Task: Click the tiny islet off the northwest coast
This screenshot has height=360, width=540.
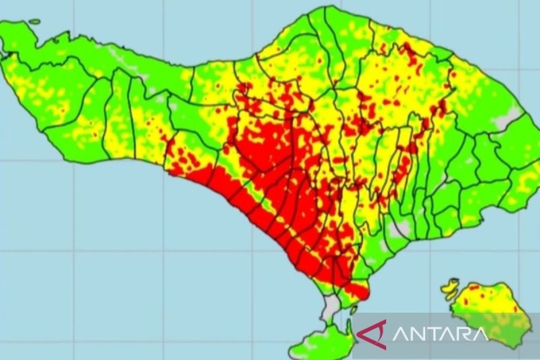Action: point(35,21)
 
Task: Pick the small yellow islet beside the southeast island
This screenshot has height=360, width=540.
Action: point(450,288)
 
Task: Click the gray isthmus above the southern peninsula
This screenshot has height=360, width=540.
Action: point(332,306)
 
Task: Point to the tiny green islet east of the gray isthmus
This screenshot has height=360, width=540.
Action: point(354,310)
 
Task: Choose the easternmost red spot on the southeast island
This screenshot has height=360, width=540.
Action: point(516,310)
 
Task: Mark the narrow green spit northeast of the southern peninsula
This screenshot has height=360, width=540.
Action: point(349,326)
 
